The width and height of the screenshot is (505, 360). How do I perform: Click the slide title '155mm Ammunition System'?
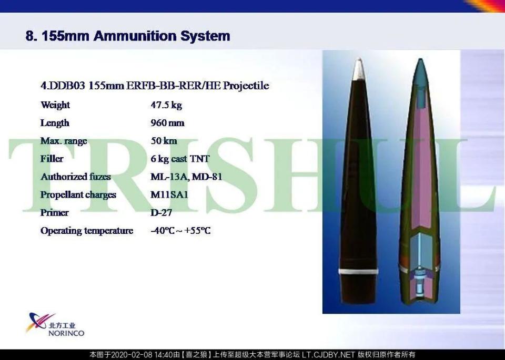click(136, 36)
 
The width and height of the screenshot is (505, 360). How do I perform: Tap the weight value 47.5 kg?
click(166, 105)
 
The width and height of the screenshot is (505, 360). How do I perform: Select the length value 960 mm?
click(167, 123)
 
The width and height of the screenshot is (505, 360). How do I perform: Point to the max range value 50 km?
click(164, 141)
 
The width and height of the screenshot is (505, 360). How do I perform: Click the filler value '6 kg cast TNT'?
click(180, 159)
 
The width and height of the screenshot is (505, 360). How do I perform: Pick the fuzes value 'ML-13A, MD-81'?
click(186, 177)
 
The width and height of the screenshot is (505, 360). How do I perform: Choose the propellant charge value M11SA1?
click(169, 194)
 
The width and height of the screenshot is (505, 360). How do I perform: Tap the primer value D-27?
click(161, 213)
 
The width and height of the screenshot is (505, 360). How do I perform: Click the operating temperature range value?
click(180, 231)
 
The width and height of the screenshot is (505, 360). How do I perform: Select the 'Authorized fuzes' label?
click(76, 177)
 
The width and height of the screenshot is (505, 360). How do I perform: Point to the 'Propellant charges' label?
click(78, 195)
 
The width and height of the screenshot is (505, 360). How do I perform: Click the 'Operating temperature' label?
click(87, 231)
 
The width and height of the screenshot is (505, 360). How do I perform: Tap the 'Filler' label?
click(52, 159)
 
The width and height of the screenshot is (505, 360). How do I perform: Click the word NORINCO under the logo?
click(66, 333)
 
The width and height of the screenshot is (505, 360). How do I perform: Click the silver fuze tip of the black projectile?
click(359, 69)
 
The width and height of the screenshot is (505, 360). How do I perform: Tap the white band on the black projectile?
click(359, 271)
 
